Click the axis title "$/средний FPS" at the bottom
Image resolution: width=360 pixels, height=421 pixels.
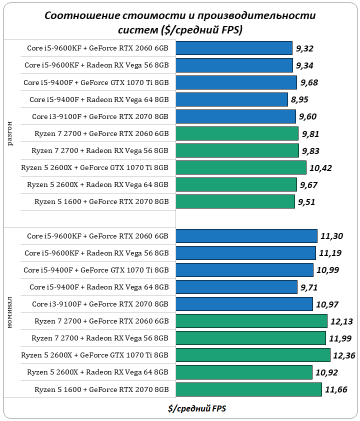click(197, 408)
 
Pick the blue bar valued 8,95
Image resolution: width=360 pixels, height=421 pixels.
click(232, 99)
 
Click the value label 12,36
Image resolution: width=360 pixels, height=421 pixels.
click(344, 355)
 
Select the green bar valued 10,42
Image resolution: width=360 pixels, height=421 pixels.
click(241, 167)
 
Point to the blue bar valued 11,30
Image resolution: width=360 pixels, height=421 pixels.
click(246, 236)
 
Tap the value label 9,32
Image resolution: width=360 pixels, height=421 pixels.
click(304, 48)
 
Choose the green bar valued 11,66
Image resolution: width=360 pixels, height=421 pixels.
click(248, 389)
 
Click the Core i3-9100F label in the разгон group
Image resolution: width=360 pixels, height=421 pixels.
click(100, 116)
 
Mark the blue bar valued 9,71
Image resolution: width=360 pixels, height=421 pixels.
click(236, 287)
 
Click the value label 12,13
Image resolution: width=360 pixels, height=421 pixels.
click(341, 321)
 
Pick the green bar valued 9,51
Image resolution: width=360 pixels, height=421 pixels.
click(235, 201)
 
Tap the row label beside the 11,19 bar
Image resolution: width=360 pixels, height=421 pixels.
click(96, 253)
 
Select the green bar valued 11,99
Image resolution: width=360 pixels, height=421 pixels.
click(251, 338)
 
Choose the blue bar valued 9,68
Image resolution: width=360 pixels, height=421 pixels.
click(236, 82)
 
